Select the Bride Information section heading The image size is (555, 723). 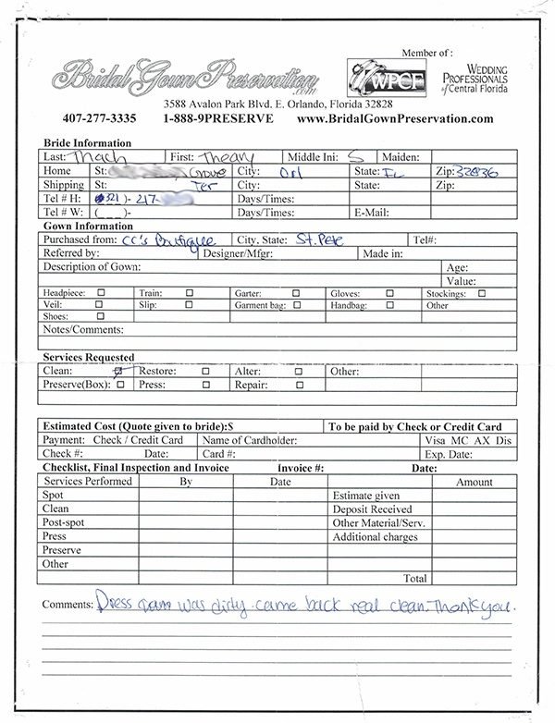(x=88, y=143)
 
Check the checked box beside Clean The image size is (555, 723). (x=117, y=371)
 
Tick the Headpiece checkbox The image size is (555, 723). (x=101, y=292)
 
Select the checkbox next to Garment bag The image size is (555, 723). (x=297, y=303)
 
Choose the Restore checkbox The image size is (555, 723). (x=205, y=372)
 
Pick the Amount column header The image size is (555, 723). (x=475, y=482)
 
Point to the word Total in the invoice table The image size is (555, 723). (x=415, y=578)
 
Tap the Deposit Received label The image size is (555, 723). (x=373, y=509)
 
